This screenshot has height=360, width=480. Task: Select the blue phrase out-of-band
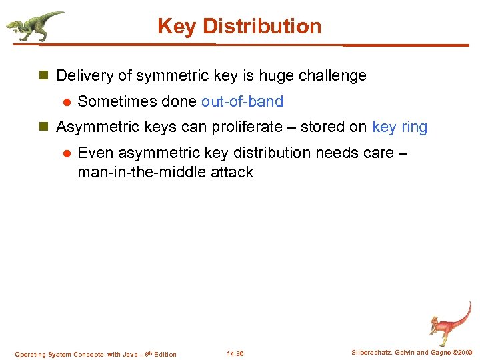pos(242,102)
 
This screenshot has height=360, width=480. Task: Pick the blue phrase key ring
pos(400,127)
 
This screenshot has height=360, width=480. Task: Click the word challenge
pos(331,76)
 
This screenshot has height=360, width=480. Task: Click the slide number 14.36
pos(235,354)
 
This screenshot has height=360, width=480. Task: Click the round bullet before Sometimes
pos(66,103)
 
